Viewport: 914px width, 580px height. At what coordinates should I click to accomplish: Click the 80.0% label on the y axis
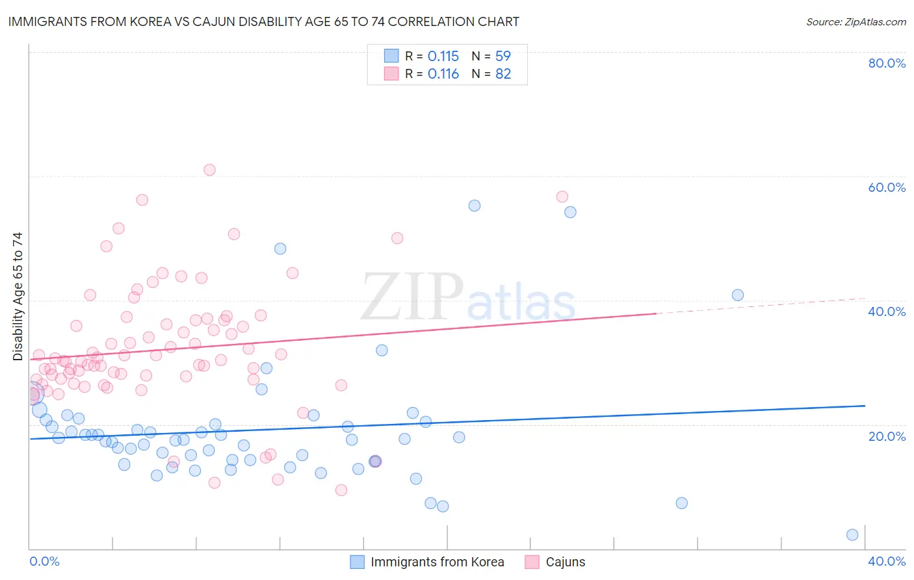click(887, 63)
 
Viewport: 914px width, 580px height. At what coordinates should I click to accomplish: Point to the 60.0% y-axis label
click(887, 187)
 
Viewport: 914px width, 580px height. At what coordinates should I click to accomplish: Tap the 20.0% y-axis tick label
click(887, 436)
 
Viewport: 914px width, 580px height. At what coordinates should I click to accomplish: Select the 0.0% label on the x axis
click(44, 561)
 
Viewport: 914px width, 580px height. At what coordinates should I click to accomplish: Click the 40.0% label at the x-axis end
click(887, 561)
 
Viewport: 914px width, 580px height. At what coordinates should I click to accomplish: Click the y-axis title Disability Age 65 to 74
click(18, 297)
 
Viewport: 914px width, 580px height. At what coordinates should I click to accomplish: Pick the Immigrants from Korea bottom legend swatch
click(358, 562)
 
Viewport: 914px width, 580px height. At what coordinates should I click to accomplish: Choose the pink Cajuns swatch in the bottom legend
click(532, 562)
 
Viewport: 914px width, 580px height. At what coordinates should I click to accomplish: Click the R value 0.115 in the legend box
click(443, 56)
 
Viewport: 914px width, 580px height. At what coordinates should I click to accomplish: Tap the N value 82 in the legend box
click(503, 74)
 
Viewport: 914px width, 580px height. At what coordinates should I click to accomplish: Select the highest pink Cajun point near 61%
click(209, 170)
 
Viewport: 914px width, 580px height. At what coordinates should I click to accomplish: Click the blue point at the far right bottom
click(852, 534)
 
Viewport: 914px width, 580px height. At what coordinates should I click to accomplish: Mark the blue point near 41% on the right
click(738, 295)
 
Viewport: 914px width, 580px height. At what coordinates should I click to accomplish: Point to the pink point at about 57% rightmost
click(562, 196)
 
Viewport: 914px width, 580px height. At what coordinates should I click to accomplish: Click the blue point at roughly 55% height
click(475, 205)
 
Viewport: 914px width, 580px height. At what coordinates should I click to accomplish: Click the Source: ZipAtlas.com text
click(855, 21)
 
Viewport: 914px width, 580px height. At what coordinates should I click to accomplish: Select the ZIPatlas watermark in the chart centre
click(468, 297)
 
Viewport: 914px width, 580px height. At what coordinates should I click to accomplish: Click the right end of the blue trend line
click(864, 406)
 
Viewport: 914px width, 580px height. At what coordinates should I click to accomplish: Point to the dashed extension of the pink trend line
click(761, 306)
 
